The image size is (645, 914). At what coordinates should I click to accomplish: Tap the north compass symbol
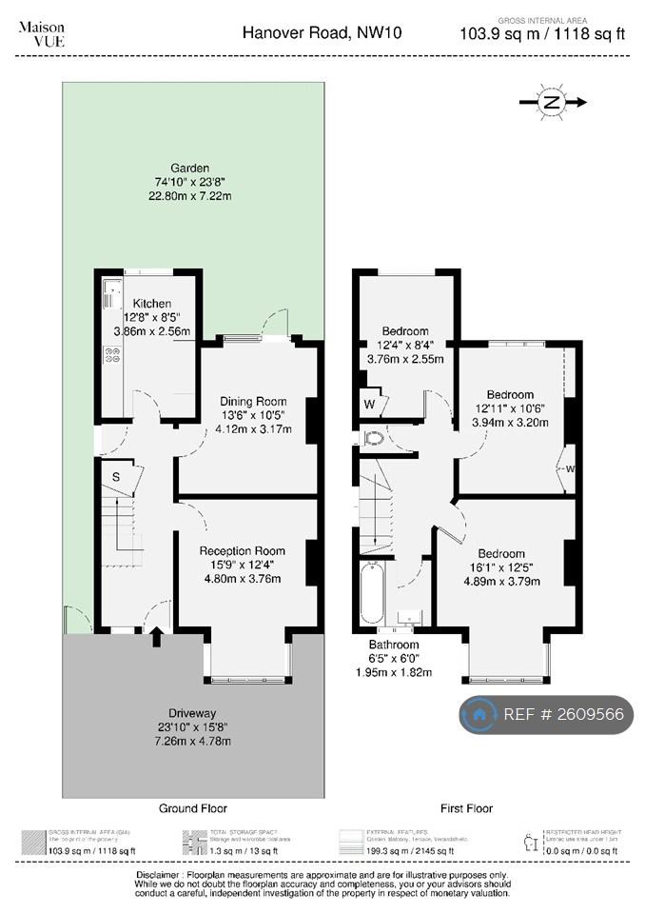(552, 102)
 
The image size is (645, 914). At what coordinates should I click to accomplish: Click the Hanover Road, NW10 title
(322, 33)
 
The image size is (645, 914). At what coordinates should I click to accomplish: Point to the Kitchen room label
(152, 304)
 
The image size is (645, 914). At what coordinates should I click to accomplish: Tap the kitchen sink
(109, 288)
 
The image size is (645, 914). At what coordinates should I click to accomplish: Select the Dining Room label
(253, 401)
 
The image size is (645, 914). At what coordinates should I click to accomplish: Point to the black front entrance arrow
(157, 636)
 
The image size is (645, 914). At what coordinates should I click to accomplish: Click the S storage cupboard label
(116, 475)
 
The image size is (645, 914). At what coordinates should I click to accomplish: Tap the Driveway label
(193, 712)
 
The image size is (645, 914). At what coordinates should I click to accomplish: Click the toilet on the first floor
(373, 439)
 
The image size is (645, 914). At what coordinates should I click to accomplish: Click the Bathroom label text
(394, 645)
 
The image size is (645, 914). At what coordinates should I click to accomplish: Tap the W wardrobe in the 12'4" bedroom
(369, 403)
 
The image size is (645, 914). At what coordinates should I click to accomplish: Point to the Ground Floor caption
(192, 808)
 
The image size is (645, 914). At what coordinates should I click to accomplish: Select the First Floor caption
(466, 808)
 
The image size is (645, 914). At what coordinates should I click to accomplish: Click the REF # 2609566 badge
(547, 714)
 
